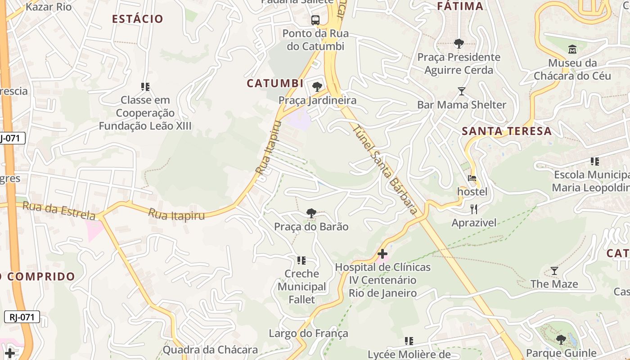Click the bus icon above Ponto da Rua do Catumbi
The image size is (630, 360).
tap(315, 20)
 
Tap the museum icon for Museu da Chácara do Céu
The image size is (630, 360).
tap(572, 49)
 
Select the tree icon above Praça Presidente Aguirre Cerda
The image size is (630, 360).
tap(459, 44)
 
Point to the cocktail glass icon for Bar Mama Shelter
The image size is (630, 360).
tap(461, 91)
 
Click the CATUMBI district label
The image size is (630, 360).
tap(275, 84)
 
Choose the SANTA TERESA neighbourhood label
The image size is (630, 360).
tap(507, 131)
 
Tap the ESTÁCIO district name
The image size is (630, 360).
tap(137, 19)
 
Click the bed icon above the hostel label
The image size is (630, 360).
tap(472, 178)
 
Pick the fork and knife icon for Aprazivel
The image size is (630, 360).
tap(473, 209)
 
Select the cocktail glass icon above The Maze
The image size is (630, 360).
tap(554, 270)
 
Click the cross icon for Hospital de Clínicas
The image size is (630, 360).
tap(382, 254)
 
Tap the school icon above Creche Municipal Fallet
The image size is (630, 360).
tap(301, 260)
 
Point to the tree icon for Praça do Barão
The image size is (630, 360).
tap(311, 213)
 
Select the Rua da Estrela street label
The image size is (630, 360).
tap(59, 211)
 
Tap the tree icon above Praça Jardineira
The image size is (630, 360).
tap(317, 87)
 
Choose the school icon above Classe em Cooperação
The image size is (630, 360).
tap(145, 86)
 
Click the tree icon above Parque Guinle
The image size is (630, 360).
tap(561, 339)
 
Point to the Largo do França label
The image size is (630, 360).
tap(308, 333)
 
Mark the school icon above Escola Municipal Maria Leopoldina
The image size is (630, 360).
tap(595, 161)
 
